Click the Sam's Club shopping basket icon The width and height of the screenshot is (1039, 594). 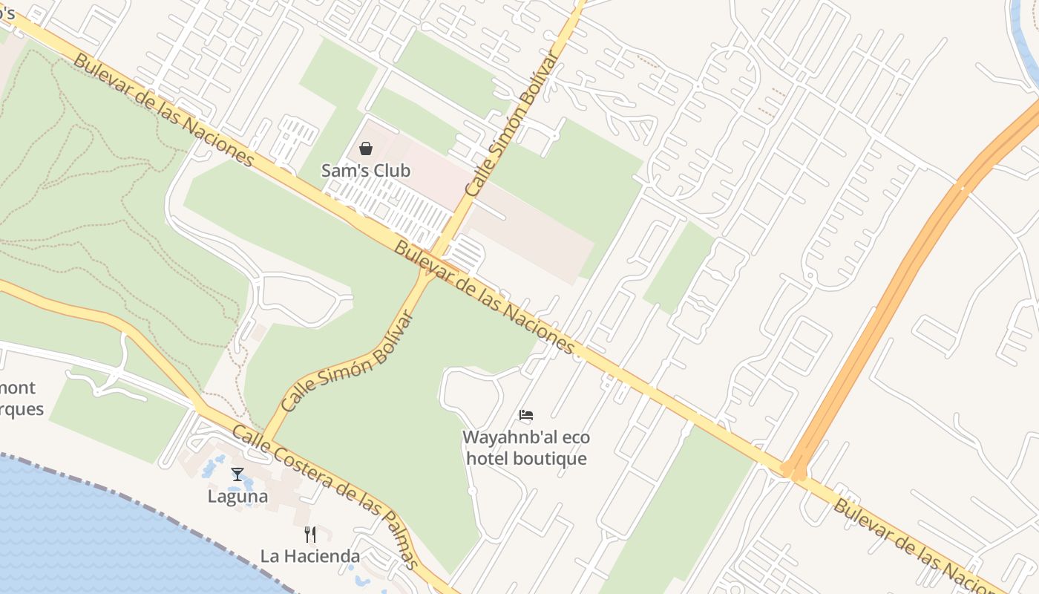pyautogui.click(x=365, y=148)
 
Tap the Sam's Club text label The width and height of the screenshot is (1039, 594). pyautogui.click(x=365, y=171)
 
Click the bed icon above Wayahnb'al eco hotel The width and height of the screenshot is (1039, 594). pyautogui.click(x=526, y=415)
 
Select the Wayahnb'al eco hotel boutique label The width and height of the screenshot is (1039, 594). pyautogui.click(x=526, y=448)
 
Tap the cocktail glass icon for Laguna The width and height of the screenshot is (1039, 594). pyautogui.click(x=237, y=474)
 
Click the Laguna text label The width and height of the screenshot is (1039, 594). pyautogui.click(x=237, y=496)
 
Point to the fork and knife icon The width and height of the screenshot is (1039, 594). pyautogui.click(x=310, y=534)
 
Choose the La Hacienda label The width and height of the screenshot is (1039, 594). pyautogui.click(x=310, y=555)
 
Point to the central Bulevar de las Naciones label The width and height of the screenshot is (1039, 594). pyautogui.click(x=484, y=297)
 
